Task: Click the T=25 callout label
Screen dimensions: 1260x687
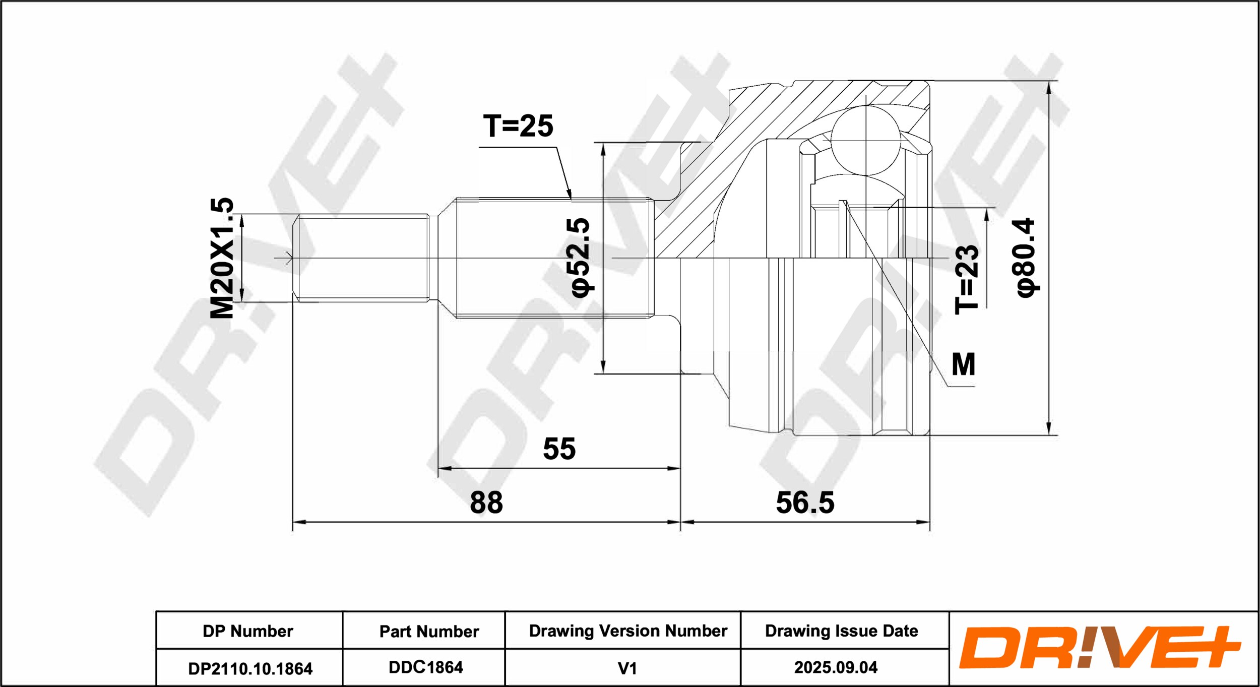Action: click(x=518, y=126)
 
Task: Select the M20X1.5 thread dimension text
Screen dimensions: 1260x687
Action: click(x=222, y=258)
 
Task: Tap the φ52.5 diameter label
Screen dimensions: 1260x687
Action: click(x=578, y=258)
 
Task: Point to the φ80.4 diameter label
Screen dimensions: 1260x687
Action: click(x=1025, y=258)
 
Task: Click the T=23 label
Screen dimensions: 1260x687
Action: click(x=967, y=279)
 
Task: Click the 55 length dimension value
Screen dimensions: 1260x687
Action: click(x=559, y=449)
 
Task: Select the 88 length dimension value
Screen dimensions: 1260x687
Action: click(x=486, y=503)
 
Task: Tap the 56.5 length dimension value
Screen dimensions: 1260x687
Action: click(x=805, y=503)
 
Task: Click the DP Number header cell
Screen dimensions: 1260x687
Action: click(x=248, y=631)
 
